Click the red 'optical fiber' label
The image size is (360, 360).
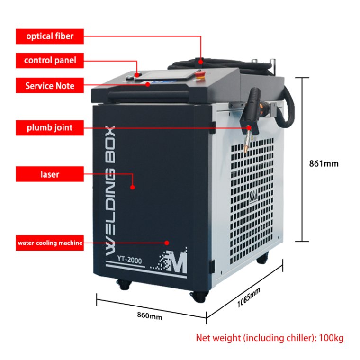pos(50,36)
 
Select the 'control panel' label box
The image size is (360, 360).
pos(50,60)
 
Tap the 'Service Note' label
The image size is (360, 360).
pos(50,85)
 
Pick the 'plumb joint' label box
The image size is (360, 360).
pos(50,127)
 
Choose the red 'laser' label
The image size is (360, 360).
pos(50,174)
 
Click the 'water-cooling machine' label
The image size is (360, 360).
pos(50,243)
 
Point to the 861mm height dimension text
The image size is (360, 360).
pos(324,164)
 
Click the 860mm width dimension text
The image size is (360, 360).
pos(150,315)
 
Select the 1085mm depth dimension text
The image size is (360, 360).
pos(249,297)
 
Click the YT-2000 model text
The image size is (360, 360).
pos(129,260)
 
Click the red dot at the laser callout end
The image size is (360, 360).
pos(132,187)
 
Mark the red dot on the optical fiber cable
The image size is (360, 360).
pos(201,62)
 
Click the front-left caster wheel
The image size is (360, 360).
pos(124,285)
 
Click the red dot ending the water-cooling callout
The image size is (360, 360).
pos(167,243)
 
